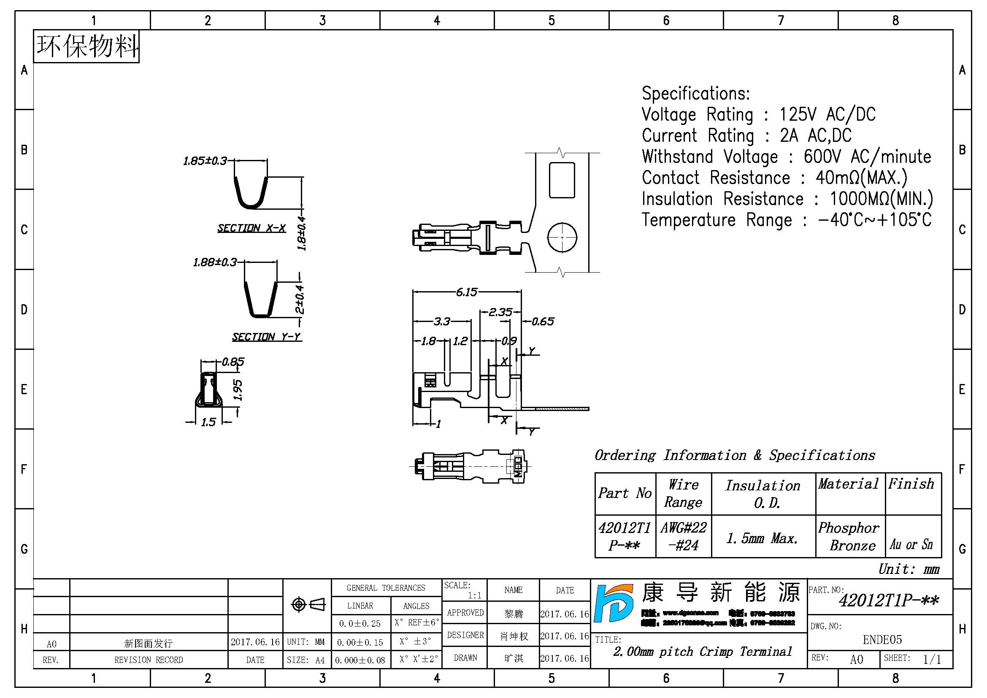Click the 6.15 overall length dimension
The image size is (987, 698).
pyautogui.click(x=466, y=292)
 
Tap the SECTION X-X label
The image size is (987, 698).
pyautogui.click(x=251, y=228)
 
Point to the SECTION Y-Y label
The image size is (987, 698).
pyautogui.click(x=267, y=336)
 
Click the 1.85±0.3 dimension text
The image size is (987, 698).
pyautogui.click(x=205, y=161)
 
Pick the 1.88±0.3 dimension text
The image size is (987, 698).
pyautogui.click(x=215, y=262)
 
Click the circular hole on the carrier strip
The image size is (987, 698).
pyautogui.click(x=562, y=237)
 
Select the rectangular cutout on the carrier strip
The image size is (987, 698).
pyautogui.click(x=562, y=180)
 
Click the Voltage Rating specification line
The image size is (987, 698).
pyautogui.click(x=758, y=115)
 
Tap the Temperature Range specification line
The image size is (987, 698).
pyautogui.click(x=786, y=220)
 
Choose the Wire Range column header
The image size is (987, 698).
pyautogui.click(x=683, y=493)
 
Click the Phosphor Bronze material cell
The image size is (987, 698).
pyautogui.click(x=849, y=536)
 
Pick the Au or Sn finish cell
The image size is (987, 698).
pyautogui.click(x=911, y=544)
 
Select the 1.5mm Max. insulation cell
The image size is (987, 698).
pyautogui.click(x=762, y=538)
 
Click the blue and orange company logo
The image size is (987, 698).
pyautogui.click(x=614, y=603)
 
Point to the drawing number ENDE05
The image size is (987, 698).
pyautogui.click(x=882, y=639)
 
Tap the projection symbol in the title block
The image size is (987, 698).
pyautogui.click(x=308, y=604)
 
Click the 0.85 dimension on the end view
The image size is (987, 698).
pyautogui.click(x=233, y=362)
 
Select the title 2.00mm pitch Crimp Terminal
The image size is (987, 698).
pyautogui.click(x=703, y=652)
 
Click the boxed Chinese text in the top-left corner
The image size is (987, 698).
pyautogui.click(x=87, y=46)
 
